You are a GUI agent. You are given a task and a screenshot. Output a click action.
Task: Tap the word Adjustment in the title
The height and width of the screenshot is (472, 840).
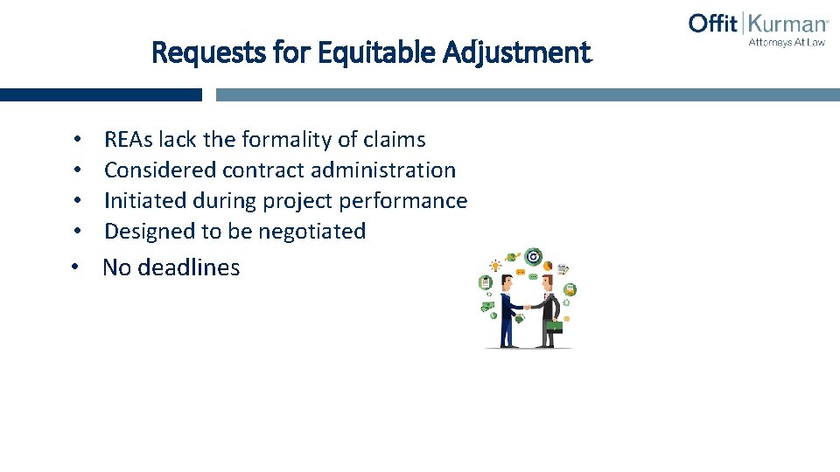coord(517,53)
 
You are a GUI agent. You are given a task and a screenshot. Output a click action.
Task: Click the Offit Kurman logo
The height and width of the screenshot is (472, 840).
coord(758,24)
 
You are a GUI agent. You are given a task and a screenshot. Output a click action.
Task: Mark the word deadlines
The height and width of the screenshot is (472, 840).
coord(191,267)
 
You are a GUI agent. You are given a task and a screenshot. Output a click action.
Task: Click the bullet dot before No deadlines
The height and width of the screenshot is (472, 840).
coord(78,267)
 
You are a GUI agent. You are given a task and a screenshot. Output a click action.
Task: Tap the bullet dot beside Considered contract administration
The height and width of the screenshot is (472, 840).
coord(78,170)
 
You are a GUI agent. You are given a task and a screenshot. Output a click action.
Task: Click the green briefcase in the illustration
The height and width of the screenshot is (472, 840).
coord(554,327)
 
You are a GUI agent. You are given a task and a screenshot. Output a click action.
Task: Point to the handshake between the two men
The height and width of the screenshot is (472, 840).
coord(528,307)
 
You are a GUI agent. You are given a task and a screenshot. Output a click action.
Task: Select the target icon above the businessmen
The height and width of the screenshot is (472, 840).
coord(532,257)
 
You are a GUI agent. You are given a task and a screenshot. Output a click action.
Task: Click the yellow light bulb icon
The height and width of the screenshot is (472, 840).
coord(496,265)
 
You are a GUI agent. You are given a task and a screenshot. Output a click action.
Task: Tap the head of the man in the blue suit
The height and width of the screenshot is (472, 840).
coord(508,281)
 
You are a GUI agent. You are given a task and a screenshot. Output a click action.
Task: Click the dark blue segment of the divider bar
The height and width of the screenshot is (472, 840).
coord(101,94)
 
